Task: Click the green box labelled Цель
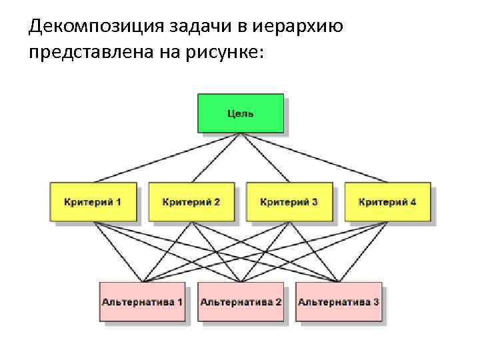pyautogui.click(x=240, y=113)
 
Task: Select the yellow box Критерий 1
pyautogui.click(x=93, y=201)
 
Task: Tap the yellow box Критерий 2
pyautogui.click(x=191, y=201)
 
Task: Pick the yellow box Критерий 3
pyautogui.click(x=289, y=201)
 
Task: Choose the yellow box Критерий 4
pyautogui.click(x=387, y=201)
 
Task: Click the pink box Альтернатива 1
pyautogui.click(x=142, y=302)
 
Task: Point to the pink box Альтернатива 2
pyautogui.click(x=241, y=302)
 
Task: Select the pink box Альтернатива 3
pyautogui.click(x=339, y=302)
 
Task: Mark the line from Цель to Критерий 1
pyautogui.click(x=167, y=158)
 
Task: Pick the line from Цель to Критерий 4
pyautogui.click(x=313, y=158)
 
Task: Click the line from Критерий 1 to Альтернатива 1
pyautogui.click(x=117, y=251)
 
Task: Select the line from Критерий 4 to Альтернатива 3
pyautogui.click(x=363, y=251)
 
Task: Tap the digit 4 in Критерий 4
pyautogui.click(x=413, y=201)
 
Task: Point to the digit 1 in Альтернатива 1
pyautogui.click(x=179, y=302)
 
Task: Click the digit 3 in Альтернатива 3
pyautogui.click(x=376, y=302)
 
